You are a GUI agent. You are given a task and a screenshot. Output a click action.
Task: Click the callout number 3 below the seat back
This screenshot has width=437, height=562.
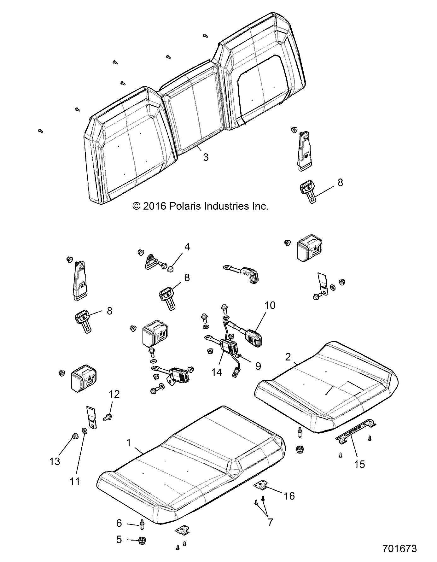coord(206,157)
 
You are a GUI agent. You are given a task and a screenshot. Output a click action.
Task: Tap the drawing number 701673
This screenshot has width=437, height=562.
coord(399,548)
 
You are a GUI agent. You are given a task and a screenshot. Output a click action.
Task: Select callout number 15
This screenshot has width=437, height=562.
coord(359,464)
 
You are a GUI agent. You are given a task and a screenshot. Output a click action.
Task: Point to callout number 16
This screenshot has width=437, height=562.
coord(289,496)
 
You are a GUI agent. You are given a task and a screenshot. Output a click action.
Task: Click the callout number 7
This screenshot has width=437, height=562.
coord(270,522)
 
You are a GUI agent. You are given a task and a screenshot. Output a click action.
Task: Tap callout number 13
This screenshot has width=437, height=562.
coord(55,461)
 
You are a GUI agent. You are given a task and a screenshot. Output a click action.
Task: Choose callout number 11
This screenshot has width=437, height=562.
coord(75,482)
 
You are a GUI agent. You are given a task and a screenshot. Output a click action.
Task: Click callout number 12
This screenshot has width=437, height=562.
coord(114,394)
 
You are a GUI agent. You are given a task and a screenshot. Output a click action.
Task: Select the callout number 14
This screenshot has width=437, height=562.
coord(217,372)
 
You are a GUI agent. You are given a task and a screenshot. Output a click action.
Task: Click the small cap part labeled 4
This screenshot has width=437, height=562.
coord(171,269)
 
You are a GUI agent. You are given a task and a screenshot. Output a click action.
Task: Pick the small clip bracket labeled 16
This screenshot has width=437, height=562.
coord(260,486)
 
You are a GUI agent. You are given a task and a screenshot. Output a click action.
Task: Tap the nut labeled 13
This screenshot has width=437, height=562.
coord(75,436)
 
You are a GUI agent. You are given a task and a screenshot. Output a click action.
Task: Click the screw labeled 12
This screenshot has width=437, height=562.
coord(107,418)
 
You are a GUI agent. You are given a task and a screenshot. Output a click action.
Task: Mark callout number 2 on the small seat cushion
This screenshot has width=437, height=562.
coord(288,357)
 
